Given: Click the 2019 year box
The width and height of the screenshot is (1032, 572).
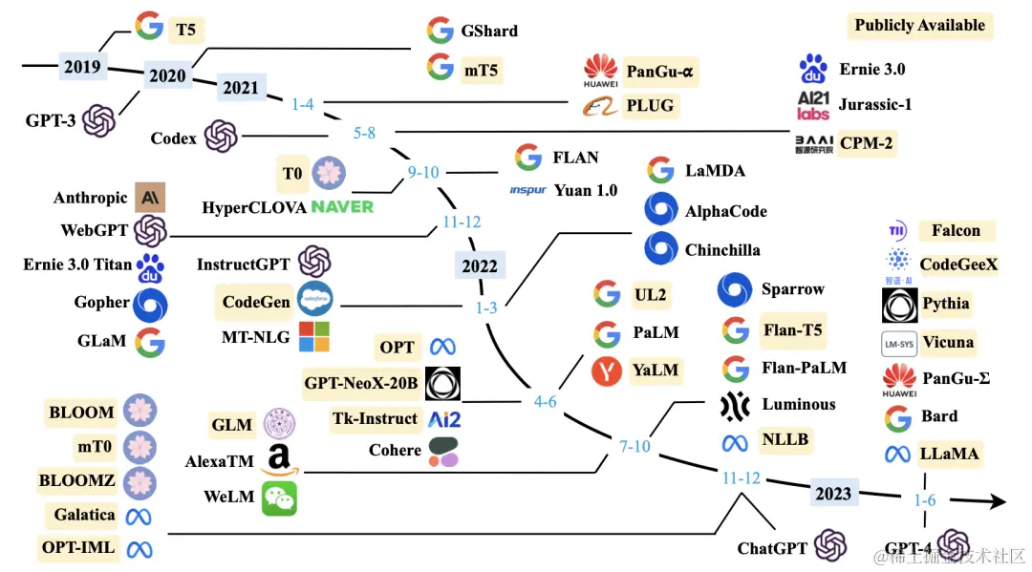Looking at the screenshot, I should [x=81, y=67].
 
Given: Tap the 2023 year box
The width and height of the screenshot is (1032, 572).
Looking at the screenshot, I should [x=832, y=493].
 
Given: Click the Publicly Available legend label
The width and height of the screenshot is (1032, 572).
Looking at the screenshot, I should [x=919, y=26].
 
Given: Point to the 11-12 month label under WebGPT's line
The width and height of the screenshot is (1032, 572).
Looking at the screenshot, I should [x=462, y=222].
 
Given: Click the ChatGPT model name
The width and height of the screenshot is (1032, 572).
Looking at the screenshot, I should [x=772, y=548].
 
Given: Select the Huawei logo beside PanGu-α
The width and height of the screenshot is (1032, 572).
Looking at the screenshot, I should [x=600, y=71].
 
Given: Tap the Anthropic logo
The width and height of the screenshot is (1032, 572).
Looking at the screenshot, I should [x=150, y=198].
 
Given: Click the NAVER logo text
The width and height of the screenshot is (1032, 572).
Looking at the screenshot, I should [x=342, y=206].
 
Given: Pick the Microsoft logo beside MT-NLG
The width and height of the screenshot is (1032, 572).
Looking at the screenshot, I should [x=313, y=337].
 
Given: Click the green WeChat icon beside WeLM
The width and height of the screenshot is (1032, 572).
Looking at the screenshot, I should [x=280, y=498].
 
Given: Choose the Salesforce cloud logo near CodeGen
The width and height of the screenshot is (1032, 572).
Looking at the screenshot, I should [x=313, y=301].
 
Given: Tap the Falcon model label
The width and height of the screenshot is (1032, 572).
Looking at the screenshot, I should [x=956, y=230].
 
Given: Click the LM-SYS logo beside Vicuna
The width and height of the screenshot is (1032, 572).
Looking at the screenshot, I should [x=898, y=343].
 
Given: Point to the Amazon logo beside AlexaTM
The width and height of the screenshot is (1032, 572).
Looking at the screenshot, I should [x=279, y=460].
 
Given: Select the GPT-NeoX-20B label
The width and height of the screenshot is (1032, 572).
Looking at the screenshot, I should [x=360, y=384].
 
